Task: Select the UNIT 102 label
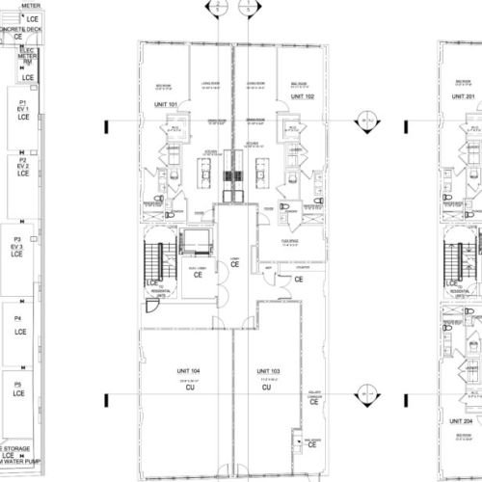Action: click(x=301, y=97)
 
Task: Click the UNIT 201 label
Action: click(x=464, y=97)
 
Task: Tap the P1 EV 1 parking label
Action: click(x=21, y=107)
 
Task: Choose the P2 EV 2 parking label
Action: click(x=21, y=166)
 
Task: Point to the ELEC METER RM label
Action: click(x=27, y=58)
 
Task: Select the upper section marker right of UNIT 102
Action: click(x=365, y=121)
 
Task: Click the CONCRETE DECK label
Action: click(x=21, y=30)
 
